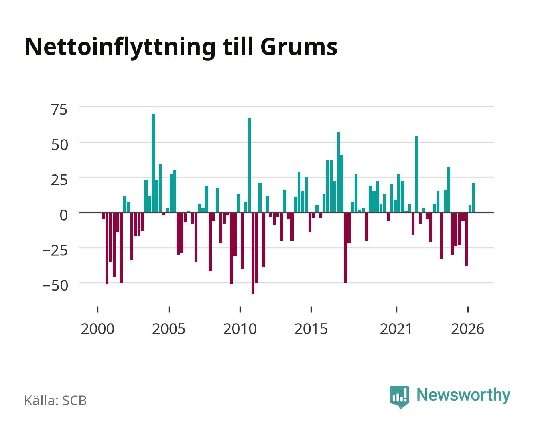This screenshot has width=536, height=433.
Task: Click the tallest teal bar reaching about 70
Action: [x=153, y=163]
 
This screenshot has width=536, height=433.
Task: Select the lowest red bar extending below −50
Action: [x=253, y=253]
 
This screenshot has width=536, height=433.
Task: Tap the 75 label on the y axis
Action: [x=59, y=109]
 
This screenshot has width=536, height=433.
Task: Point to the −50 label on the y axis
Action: [x=55, y=285]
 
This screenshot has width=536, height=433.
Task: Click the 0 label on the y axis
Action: [x=64, y=215]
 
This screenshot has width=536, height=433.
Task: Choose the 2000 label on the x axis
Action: [x=97, y=329]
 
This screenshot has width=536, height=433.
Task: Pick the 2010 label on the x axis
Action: [x=240, y=329]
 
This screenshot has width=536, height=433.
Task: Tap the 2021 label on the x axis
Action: [x=396, y=329]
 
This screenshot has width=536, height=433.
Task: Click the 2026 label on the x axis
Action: [x=467, y=329]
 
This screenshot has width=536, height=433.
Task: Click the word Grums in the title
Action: [x=299, y=47]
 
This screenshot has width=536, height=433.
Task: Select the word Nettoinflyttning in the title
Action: [x=120, y=48]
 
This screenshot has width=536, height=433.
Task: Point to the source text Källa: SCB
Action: [x=55, y=400]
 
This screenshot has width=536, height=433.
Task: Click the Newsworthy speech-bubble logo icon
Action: [x=399, y=397]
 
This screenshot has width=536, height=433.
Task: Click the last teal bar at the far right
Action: [x=473, y=197]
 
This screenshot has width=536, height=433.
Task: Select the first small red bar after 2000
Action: [x=103, y=216]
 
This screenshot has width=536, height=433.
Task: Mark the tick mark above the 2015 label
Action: [x=311, y=309]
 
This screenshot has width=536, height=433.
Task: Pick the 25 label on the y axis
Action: [x=59, y=180]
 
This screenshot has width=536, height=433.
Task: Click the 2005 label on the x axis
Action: [x=169, y=329]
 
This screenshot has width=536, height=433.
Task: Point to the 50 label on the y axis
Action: [x=59, y=145]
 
